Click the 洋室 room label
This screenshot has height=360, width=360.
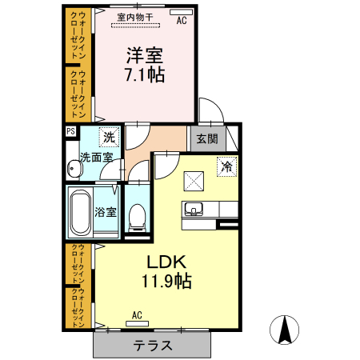[x=145, y=55]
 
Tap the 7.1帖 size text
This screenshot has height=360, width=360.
[x=145, y=74]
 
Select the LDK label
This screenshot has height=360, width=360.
[x=166, y=262]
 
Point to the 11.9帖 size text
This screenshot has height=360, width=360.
[x=166, y=281]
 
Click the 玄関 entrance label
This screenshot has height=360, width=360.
[x=207, y=138]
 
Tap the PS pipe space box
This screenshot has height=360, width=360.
[x=71, y=131]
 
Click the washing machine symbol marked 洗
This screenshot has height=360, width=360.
[x=109, y=137]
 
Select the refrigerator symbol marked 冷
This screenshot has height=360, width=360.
[x=227, y=166]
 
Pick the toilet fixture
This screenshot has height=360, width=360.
[x=138, y=218]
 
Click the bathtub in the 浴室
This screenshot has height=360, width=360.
[x=80, y=212]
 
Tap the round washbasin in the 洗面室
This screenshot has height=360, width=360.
[x=74, y=169]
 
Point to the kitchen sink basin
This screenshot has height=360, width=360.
[x=194, y=208]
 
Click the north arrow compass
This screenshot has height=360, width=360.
[x=284, y=330]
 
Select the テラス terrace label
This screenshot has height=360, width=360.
[x=153, y=346]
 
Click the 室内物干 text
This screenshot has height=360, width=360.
[x=135, y=18]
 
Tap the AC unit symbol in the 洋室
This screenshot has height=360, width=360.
[x=182, y=12]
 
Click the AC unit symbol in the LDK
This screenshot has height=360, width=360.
[x=137, y=324]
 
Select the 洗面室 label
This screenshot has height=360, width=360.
[x=97, y=158]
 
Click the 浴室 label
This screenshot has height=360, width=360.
[x=106, y=212]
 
